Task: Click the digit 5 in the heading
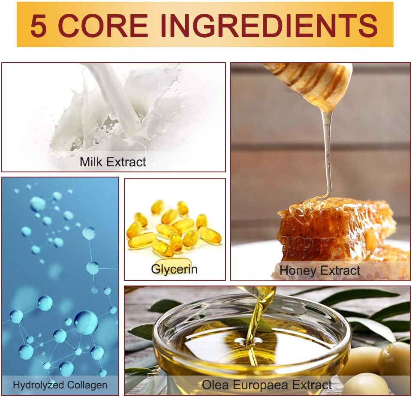click(39, 25)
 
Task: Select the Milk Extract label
click(113, 162)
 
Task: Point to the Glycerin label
click(174, 269)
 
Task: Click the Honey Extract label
click(319, 270)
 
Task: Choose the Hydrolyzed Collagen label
click(60, 385)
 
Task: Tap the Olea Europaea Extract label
click(267, 385)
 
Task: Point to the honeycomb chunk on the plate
click(336, 231)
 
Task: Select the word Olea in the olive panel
click(216, 385)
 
